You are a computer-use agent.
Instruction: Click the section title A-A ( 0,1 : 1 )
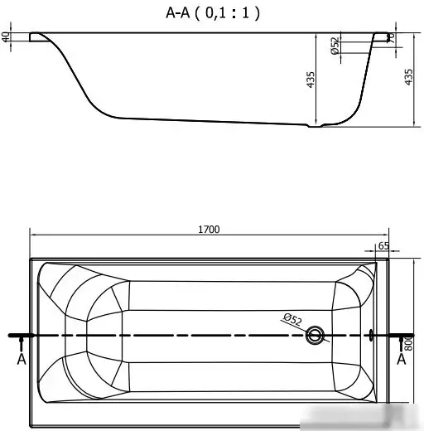point(213,12)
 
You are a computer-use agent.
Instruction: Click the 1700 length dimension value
point(209,230)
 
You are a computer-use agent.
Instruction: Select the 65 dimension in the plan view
point(383,246)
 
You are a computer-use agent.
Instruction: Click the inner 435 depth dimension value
point(311,80)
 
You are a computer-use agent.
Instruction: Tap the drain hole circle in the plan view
point(316,336)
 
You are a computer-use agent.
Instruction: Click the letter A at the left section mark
point(21,360)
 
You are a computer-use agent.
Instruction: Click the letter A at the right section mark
point(402,360)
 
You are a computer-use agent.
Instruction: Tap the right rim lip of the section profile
point(380,36)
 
